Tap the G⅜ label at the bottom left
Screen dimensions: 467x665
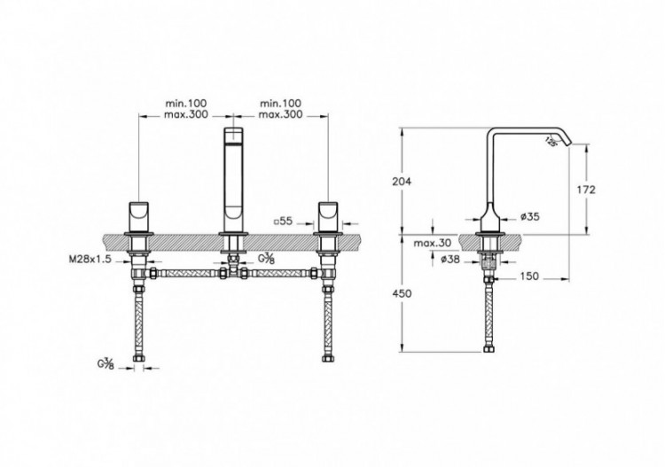pos(104,364)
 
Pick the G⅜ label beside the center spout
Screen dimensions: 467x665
pos(265,258)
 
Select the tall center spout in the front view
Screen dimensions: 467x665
pos(233,177)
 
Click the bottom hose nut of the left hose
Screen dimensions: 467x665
pos(140,359)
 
